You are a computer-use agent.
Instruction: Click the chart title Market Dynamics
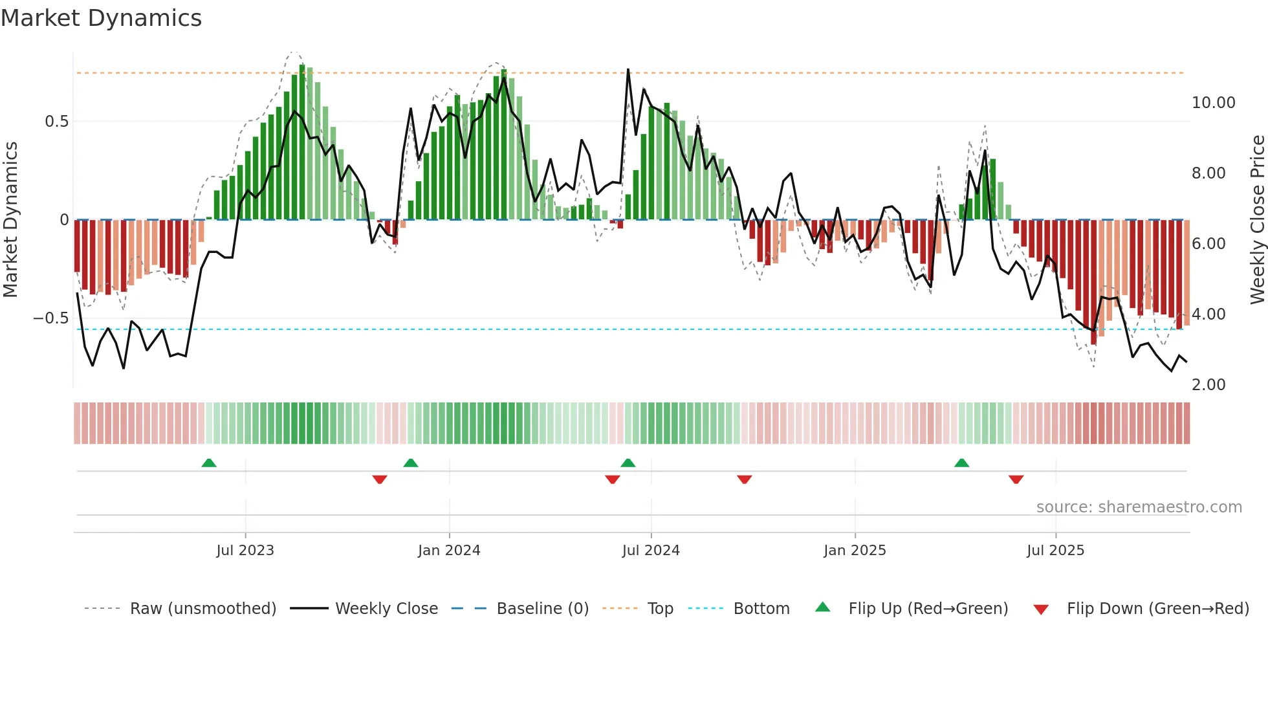[x=101, y=18]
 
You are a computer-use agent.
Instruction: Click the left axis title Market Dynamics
[x=10, y=219]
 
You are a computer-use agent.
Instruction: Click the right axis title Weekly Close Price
[x=1257, y=219]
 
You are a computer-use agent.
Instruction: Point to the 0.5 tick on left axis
[x=56, y=122]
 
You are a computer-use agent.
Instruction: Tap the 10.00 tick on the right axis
[x=1213, y=103]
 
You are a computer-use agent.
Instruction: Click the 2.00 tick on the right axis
[x=1208, y=385]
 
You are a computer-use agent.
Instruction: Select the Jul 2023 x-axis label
[x=245, y=551]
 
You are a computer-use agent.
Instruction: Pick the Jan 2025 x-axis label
[x=855, y=551]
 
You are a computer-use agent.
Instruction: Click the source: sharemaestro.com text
[x=1139, y=507]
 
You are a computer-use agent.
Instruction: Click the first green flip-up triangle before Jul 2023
[x=209, y=463]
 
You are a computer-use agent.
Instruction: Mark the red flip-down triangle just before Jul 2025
[x=1016, y=479]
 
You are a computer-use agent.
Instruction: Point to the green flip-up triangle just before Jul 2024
[x=628, y=463]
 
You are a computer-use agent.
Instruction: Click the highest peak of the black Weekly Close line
[x=628, y=69]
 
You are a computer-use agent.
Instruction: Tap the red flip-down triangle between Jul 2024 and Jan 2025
[x=744, y=479]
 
